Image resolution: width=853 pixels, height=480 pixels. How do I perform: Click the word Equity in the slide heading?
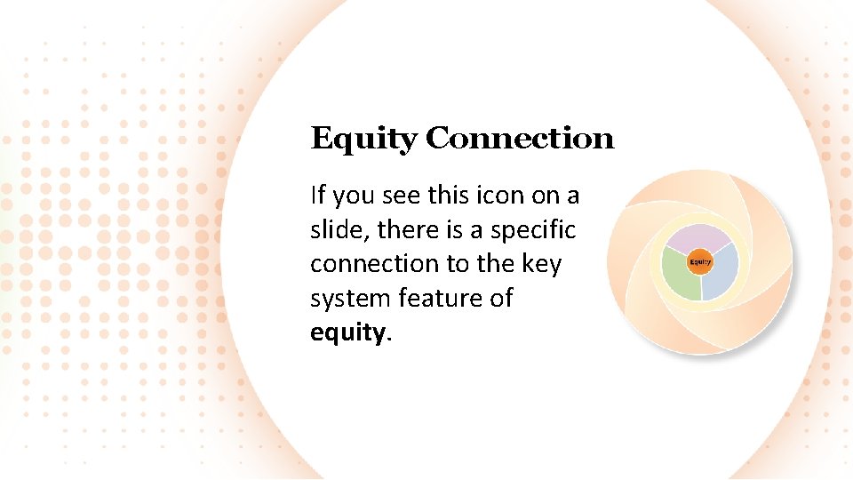pos(363,140)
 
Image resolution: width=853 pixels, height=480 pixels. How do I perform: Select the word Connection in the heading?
pos(520,139)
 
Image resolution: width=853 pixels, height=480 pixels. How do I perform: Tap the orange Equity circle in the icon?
pos(700,261)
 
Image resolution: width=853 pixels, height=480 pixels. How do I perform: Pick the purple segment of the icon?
pos(699,239)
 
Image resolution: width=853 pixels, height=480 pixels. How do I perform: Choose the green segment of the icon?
pos(681,273)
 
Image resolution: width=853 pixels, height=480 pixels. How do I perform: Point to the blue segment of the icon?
pos(721,272)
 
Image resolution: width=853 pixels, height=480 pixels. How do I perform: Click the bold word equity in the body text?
pos(348,332)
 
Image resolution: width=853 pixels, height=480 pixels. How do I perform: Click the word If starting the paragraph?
pos(318,195)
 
